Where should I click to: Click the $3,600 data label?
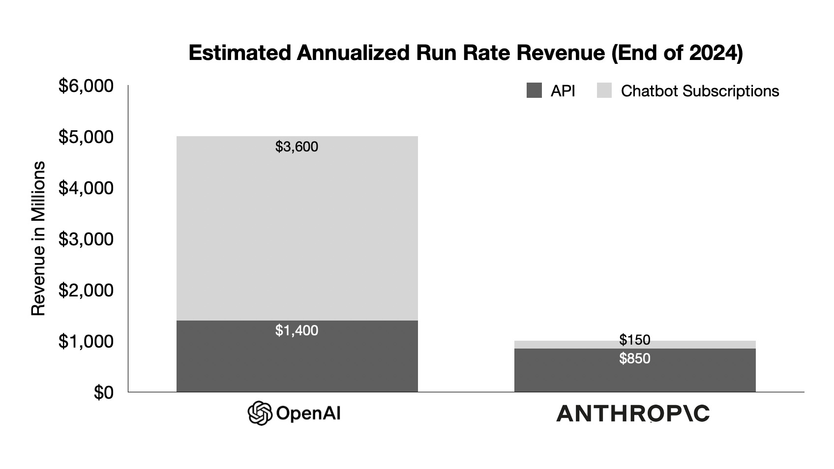coord(297,147)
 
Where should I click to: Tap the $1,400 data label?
coord(297,330)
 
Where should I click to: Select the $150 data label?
coord(634,340)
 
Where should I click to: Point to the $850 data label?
coord(634,358)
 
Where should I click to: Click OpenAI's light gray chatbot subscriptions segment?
coord(297,231)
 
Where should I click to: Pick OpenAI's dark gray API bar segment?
coord(297,364)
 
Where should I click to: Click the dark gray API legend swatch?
coord(534,91)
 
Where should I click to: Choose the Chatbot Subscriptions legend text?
coord(700,91)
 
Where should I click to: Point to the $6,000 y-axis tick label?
coord(86,87)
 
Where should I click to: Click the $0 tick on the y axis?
coord(103,393)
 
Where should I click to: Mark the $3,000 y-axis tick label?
coord(86,239)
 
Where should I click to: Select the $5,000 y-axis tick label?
coord(86,137)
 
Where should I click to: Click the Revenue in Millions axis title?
coord(38,238)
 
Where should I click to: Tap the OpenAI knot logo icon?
coord(260,413)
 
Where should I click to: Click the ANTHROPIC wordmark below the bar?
coord(633,414)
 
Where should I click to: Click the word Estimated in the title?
coord(239,53)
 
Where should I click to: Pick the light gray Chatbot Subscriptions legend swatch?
coord(604,91)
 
